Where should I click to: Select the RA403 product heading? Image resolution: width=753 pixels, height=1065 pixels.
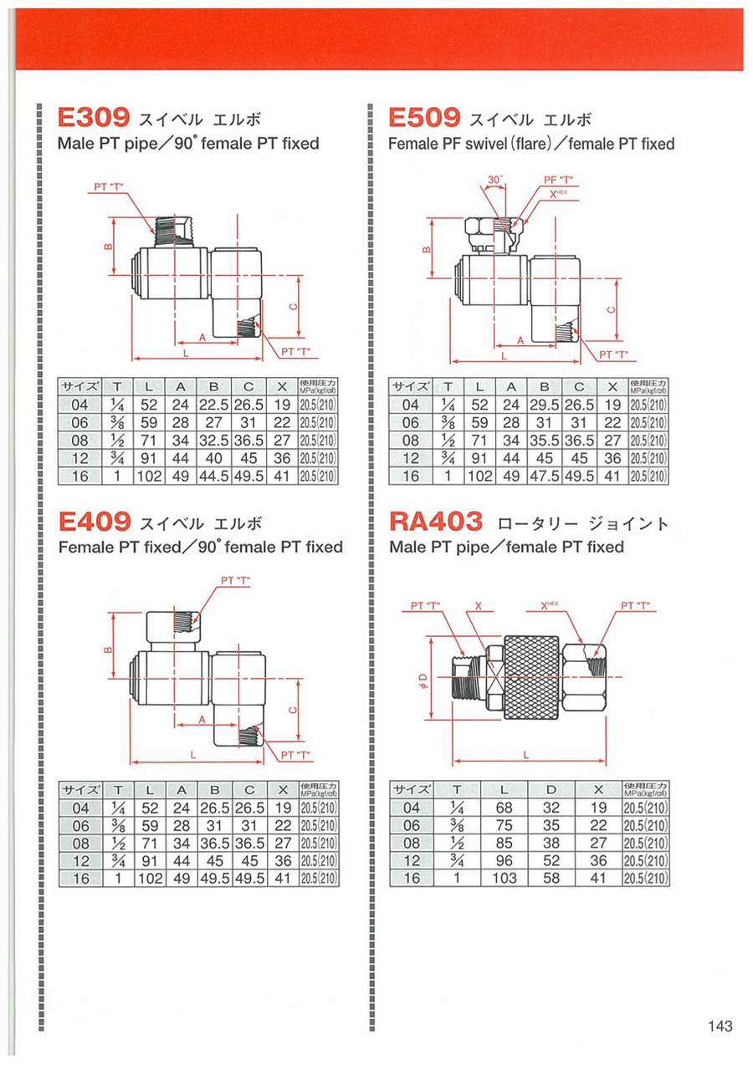click(437, 522)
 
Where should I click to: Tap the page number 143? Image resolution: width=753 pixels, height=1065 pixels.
click(720, 1026)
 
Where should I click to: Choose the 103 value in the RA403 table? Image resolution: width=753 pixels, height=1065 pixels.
click(505, 879)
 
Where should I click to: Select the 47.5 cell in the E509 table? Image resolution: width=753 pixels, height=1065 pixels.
click(544, 476)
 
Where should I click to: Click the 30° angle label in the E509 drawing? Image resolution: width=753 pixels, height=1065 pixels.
click(494, 181)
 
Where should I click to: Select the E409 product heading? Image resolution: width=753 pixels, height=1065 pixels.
click(95, 522)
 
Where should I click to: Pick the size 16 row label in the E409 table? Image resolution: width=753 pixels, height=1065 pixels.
click(80, 879)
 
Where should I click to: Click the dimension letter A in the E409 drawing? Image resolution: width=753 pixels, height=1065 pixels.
click(202, 720)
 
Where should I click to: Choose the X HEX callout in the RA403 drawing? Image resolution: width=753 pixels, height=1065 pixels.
click(551, 605)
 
